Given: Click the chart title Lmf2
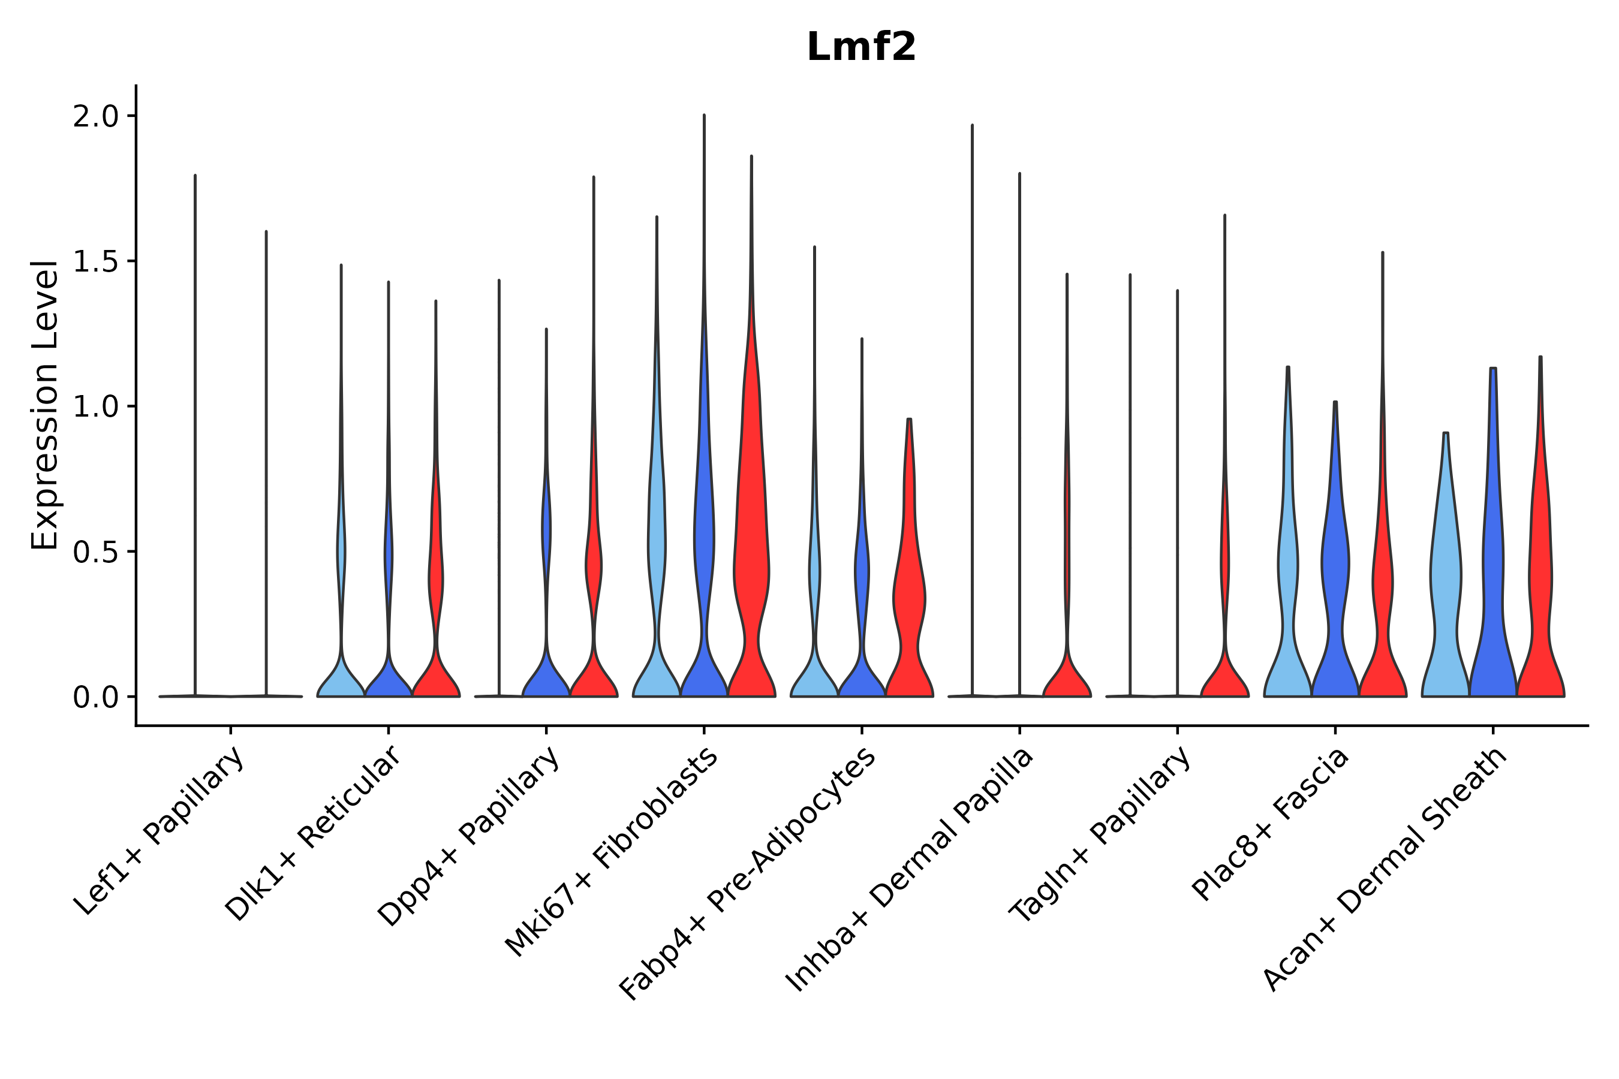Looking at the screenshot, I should coord(860,47).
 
